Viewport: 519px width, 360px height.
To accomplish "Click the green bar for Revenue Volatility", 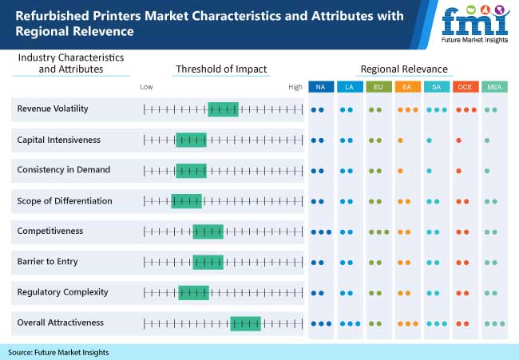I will [223, 109].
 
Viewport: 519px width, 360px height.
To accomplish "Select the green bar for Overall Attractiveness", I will [245, 322].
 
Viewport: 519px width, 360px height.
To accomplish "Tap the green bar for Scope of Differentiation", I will [187, 201].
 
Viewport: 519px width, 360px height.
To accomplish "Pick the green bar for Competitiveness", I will [208, 231].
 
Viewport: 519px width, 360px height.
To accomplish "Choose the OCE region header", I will [466, 86].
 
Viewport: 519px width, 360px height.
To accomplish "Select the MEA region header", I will [494, 86].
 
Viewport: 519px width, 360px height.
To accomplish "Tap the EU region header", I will [378, 86].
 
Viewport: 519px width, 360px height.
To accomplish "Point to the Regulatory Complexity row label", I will [62, 292].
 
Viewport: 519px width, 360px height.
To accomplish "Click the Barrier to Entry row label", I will [47, 262].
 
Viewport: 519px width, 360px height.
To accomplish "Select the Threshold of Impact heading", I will [221, 69].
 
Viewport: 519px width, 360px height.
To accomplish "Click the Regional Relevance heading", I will [404, 69].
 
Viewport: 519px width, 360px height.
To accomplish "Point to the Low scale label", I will [146, 86].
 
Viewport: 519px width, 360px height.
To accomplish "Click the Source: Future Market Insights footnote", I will [58, 352].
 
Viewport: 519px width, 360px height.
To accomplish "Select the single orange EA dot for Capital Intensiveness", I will [399, 140].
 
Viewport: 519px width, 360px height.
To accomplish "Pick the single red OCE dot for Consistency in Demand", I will [458, 171].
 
